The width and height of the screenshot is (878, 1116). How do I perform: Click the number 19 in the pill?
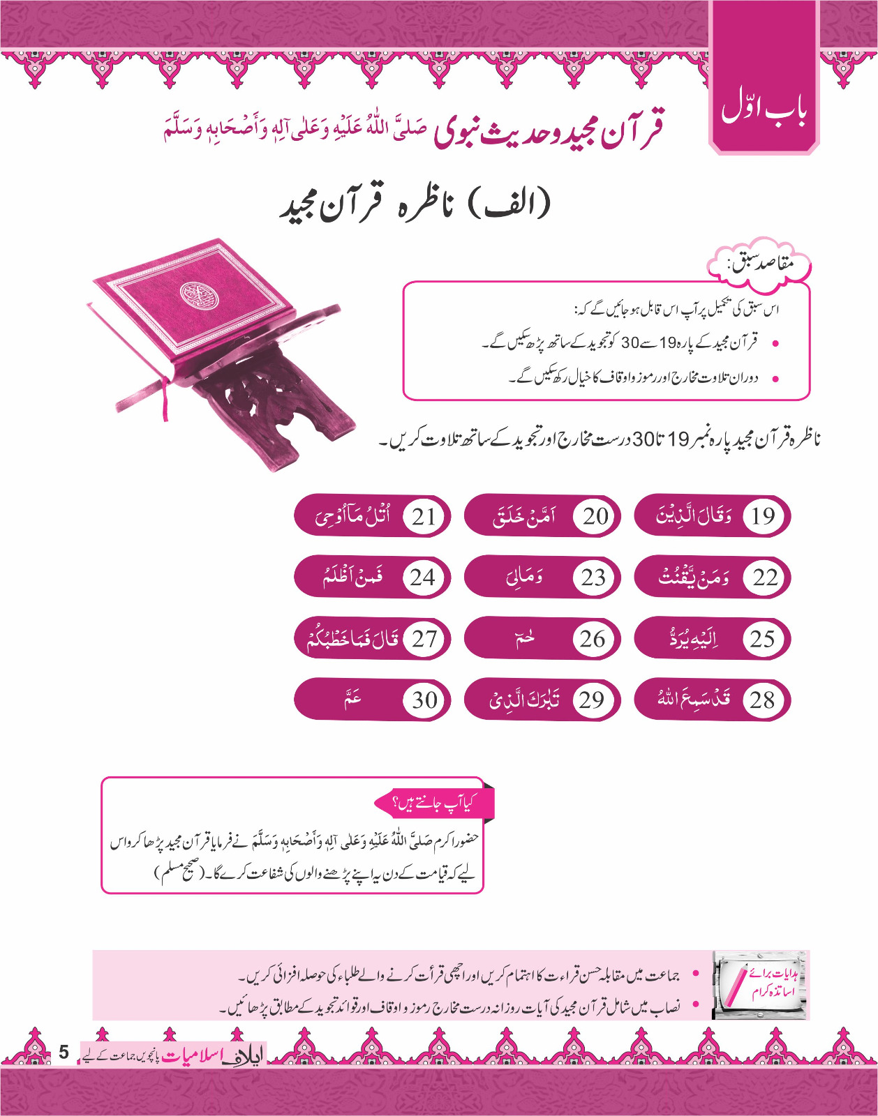(763, 516)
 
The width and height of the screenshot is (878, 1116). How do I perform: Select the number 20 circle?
(595, 516)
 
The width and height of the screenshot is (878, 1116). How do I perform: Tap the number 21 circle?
(424, 516)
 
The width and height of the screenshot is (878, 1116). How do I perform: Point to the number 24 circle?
(423, 578)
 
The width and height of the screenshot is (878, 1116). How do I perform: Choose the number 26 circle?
(593, 639)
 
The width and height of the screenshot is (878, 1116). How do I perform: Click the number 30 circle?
(424, 700)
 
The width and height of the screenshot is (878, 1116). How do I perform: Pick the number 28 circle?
(762, 700)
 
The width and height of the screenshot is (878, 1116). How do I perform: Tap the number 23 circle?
(593, 578)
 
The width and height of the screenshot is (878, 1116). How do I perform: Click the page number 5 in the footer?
(64, 1052)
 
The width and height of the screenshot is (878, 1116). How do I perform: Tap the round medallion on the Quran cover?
(199, 295)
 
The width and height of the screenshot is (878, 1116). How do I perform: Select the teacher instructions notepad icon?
(759, 985)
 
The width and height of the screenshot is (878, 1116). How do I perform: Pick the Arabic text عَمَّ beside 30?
(352, 697)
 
